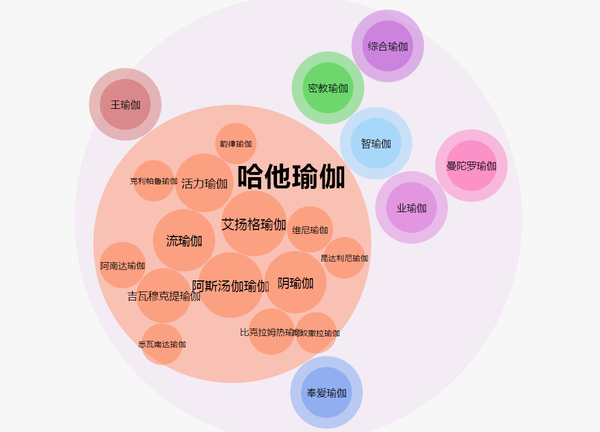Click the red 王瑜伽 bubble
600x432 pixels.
(125, 104)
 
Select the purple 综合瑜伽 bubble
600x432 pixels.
(387, 46)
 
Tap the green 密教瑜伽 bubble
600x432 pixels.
(328, 88)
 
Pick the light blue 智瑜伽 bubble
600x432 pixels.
(376, 143)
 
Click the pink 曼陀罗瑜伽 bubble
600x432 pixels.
(471, 165)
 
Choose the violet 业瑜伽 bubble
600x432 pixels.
(411, 208)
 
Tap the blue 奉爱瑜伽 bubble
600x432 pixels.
(326, 393)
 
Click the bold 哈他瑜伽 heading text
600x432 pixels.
(291, 177)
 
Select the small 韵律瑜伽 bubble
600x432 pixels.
(236, 144)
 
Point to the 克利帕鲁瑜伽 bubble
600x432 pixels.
(154, 181)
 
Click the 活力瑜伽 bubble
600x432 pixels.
(204, 183)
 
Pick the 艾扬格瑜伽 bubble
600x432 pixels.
(254, 224)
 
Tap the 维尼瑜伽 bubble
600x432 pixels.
(310, 230)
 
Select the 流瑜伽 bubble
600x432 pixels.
(184, 240)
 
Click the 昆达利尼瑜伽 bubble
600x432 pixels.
(344, 258)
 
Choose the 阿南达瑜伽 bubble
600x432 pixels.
(123, 265)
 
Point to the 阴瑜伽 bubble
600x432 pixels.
(295, 283)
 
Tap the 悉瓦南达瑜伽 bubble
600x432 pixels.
(162, 344)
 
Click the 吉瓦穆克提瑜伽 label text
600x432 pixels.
(164, 296)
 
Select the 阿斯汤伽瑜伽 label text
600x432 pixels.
(230, 286)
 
